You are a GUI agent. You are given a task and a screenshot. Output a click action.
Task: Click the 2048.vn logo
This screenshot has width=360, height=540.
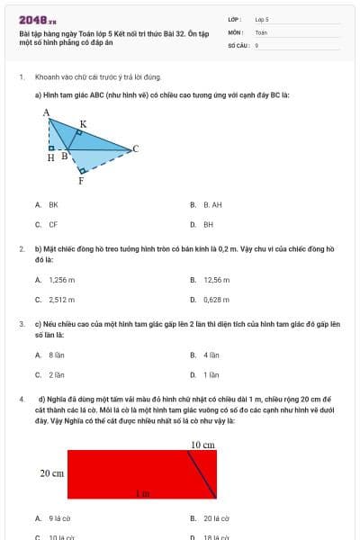point(37,19)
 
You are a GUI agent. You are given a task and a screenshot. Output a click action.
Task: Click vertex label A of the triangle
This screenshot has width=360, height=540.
point(46,112)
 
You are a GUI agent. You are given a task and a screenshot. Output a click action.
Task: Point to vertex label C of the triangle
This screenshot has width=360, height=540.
point(135,148)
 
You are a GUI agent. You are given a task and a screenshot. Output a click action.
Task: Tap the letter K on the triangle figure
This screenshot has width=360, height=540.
point(84,123)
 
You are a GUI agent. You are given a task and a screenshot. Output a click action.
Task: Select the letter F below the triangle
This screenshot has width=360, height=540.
point(81,180)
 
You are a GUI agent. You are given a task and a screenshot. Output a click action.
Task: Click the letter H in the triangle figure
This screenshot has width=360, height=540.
point(50,157)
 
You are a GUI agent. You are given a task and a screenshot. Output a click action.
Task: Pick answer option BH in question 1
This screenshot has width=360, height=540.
point(208,224)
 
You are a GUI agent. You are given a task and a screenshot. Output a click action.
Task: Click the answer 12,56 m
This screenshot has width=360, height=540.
point(216,280)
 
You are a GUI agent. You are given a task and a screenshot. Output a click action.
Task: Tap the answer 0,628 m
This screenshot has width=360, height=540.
point(216,300)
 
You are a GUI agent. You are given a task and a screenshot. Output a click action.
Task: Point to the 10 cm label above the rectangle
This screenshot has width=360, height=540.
point(202,445)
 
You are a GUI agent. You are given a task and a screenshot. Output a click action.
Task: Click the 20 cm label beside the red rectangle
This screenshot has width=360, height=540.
point(50,472)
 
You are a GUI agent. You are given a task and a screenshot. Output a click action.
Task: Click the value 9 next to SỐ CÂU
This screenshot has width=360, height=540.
point(256,44)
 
